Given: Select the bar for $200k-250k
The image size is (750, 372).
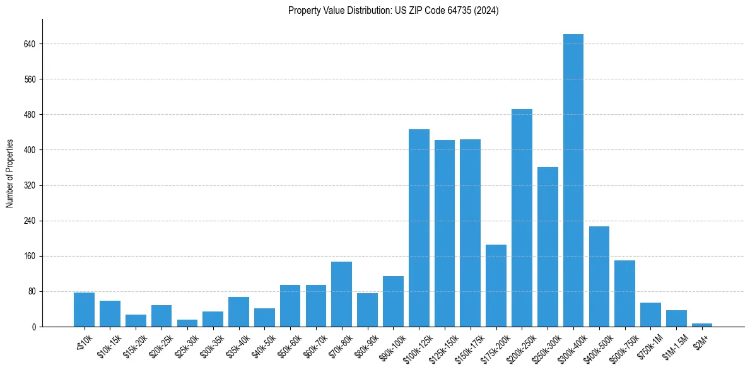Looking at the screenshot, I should pos(522,218).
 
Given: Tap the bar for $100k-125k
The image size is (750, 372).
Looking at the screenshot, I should pos(419,228).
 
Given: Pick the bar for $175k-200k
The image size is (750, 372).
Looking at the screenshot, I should pos(496,286).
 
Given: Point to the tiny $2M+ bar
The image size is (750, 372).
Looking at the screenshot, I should pos(702,325).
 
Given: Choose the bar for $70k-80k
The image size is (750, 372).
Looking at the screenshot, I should pos(341,294).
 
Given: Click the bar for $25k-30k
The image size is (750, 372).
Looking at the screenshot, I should pos(187,323).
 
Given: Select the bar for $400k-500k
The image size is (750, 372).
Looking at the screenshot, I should pos(599,276).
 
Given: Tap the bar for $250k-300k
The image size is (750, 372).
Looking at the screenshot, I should pos(548,247).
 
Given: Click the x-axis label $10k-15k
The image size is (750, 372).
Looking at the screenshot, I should pos(109,344).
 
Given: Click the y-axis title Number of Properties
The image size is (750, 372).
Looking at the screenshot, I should pos(9,173).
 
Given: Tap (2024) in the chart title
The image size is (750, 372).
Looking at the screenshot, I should pos(487,11).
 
